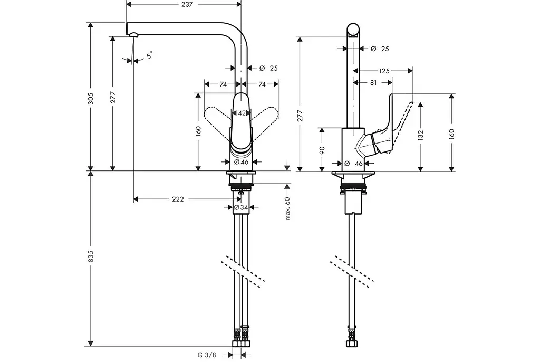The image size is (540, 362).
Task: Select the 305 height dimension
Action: tap(91, 99)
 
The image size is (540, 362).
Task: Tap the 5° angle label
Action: tap(149, 55)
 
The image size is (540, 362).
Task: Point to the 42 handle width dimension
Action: tap(242, 113)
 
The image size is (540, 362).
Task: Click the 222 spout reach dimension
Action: tap(178, 199)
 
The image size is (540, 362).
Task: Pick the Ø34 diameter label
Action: tap(240, 207)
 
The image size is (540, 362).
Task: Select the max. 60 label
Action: tap(288, 208)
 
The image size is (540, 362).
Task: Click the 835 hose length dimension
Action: tap(91, 256)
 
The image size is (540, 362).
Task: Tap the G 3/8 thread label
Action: tap(207, 355)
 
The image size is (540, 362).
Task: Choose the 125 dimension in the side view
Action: tap(384, 71)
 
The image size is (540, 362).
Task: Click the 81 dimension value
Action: tap(373, 83)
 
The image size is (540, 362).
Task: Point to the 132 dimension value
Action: tap(420, 136)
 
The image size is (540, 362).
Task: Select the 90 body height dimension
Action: tap(322, 150)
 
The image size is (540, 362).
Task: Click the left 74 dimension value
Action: tap(223, 84)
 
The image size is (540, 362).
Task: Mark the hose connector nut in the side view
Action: tap(351, 344)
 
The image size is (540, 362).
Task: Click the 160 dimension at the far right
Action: tap(451, 134)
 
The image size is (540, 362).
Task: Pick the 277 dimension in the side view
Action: tap(300, 116)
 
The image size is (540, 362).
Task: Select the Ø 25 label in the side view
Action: tap(380, 49)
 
